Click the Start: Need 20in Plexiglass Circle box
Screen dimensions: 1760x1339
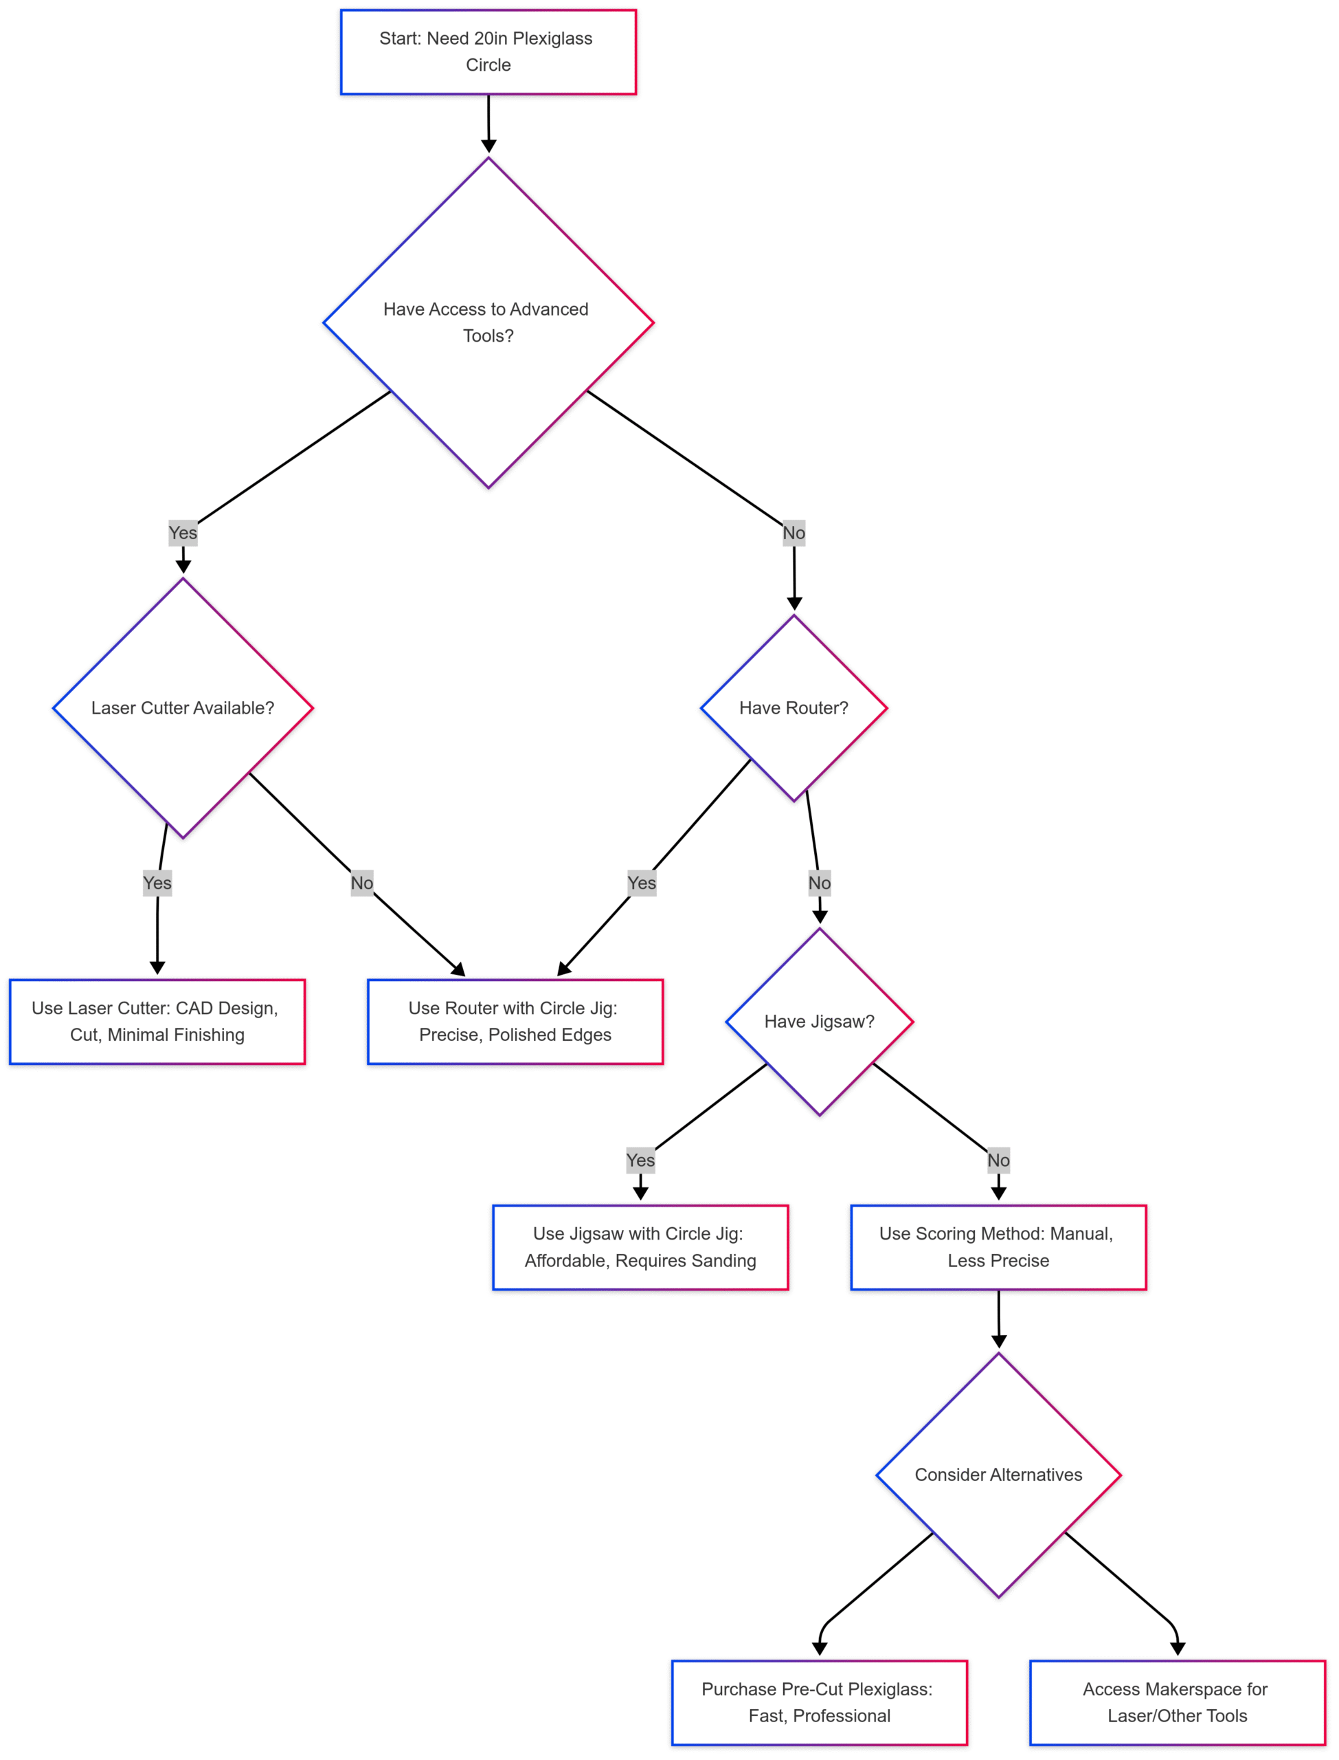[488, 52]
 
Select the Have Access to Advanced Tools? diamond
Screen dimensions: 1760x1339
[488, 322]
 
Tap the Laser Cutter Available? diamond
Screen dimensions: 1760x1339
[183, 707]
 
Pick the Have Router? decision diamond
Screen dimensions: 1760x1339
[793, 707]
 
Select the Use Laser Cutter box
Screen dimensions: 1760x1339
[157, 1021]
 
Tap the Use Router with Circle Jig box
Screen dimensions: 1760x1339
[515, 1021]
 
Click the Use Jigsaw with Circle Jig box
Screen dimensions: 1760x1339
[640, 1246]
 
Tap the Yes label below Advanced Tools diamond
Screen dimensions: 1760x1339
[183, 533]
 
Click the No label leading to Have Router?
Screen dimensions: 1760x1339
[793, 533]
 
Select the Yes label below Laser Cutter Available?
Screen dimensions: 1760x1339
[157, 883]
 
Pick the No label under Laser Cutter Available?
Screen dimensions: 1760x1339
[362, 883]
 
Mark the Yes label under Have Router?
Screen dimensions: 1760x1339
[642, 883]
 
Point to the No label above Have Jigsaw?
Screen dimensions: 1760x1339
[820, 883]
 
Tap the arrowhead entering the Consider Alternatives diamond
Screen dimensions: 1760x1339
[999, 1341]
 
